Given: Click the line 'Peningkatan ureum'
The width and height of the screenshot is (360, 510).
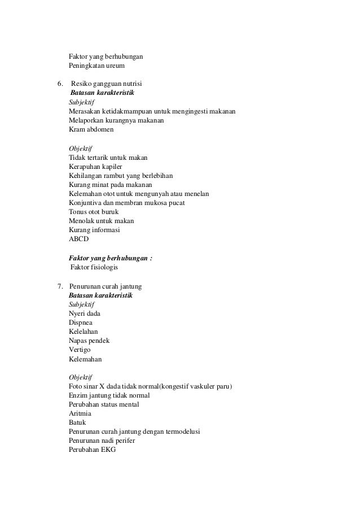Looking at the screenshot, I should pyautogui.click(x=96, y=66).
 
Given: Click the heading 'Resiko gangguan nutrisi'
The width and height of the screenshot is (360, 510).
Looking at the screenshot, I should pyautogui.click(x=103, y=84).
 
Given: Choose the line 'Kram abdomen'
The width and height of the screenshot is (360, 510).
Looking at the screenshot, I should pyautogui.click(x=91, y=129).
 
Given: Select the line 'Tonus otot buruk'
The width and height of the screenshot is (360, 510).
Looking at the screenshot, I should pyautogui.click(x=94, y=212).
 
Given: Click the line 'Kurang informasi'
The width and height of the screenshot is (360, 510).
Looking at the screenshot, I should pyautogui.click(x=94, y=230).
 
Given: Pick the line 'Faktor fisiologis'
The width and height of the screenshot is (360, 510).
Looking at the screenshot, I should pyautogui.click(x=94, y=267).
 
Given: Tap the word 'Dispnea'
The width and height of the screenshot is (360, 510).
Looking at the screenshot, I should pyautogui.click(x=81, y=322).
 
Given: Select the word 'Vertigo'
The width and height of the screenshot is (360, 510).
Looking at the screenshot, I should pyautogui.click(x=80, y=350).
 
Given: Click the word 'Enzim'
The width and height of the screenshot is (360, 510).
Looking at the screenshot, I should pyautogui.click(x=78, y=395).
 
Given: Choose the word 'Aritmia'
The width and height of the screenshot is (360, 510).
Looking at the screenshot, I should pyautogui.click(x=80, y=413).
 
